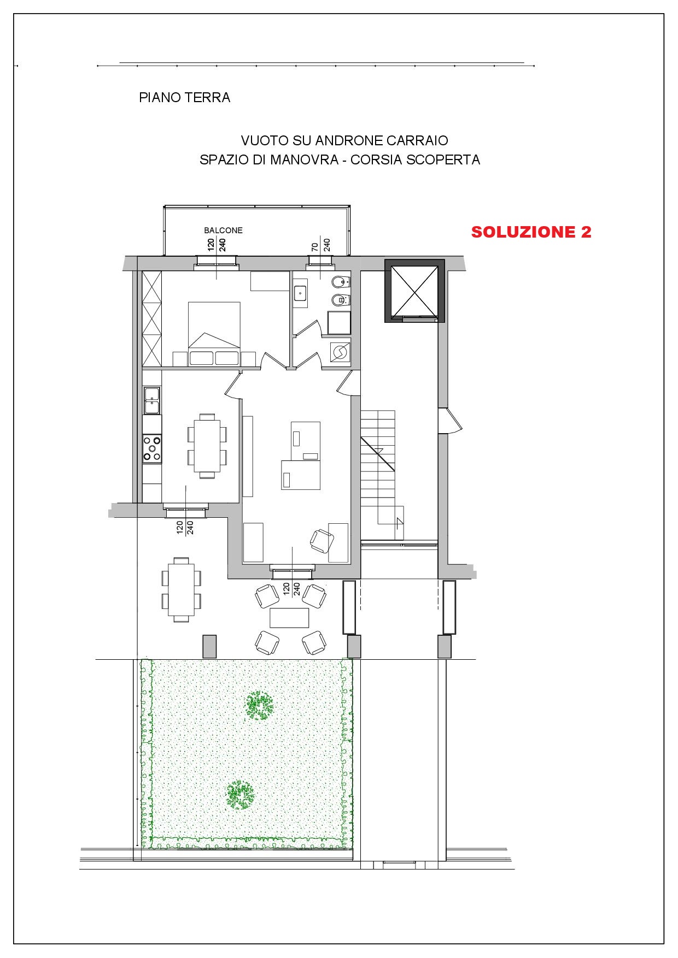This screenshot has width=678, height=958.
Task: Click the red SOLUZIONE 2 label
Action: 531,232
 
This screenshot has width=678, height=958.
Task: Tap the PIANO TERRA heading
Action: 184,98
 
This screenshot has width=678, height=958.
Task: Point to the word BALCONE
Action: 223,230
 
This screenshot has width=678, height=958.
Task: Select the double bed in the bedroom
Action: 214,333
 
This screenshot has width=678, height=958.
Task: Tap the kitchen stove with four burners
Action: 152,448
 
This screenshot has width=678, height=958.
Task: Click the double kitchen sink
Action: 151,400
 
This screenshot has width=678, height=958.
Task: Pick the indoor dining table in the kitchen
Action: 207,446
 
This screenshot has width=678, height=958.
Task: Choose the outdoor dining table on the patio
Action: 181,589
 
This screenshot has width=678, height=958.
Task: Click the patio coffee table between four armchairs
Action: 289,618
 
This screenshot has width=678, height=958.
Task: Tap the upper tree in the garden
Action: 259,706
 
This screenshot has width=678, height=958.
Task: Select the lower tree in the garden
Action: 240,795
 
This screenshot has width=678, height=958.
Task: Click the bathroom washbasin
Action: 301,293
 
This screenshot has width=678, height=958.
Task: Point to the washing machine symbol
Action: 340,352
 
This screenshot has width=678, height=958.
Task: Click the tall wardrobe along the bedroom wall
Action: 152,318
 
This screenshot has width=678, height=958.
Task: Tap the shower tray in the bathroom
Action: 339,323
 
